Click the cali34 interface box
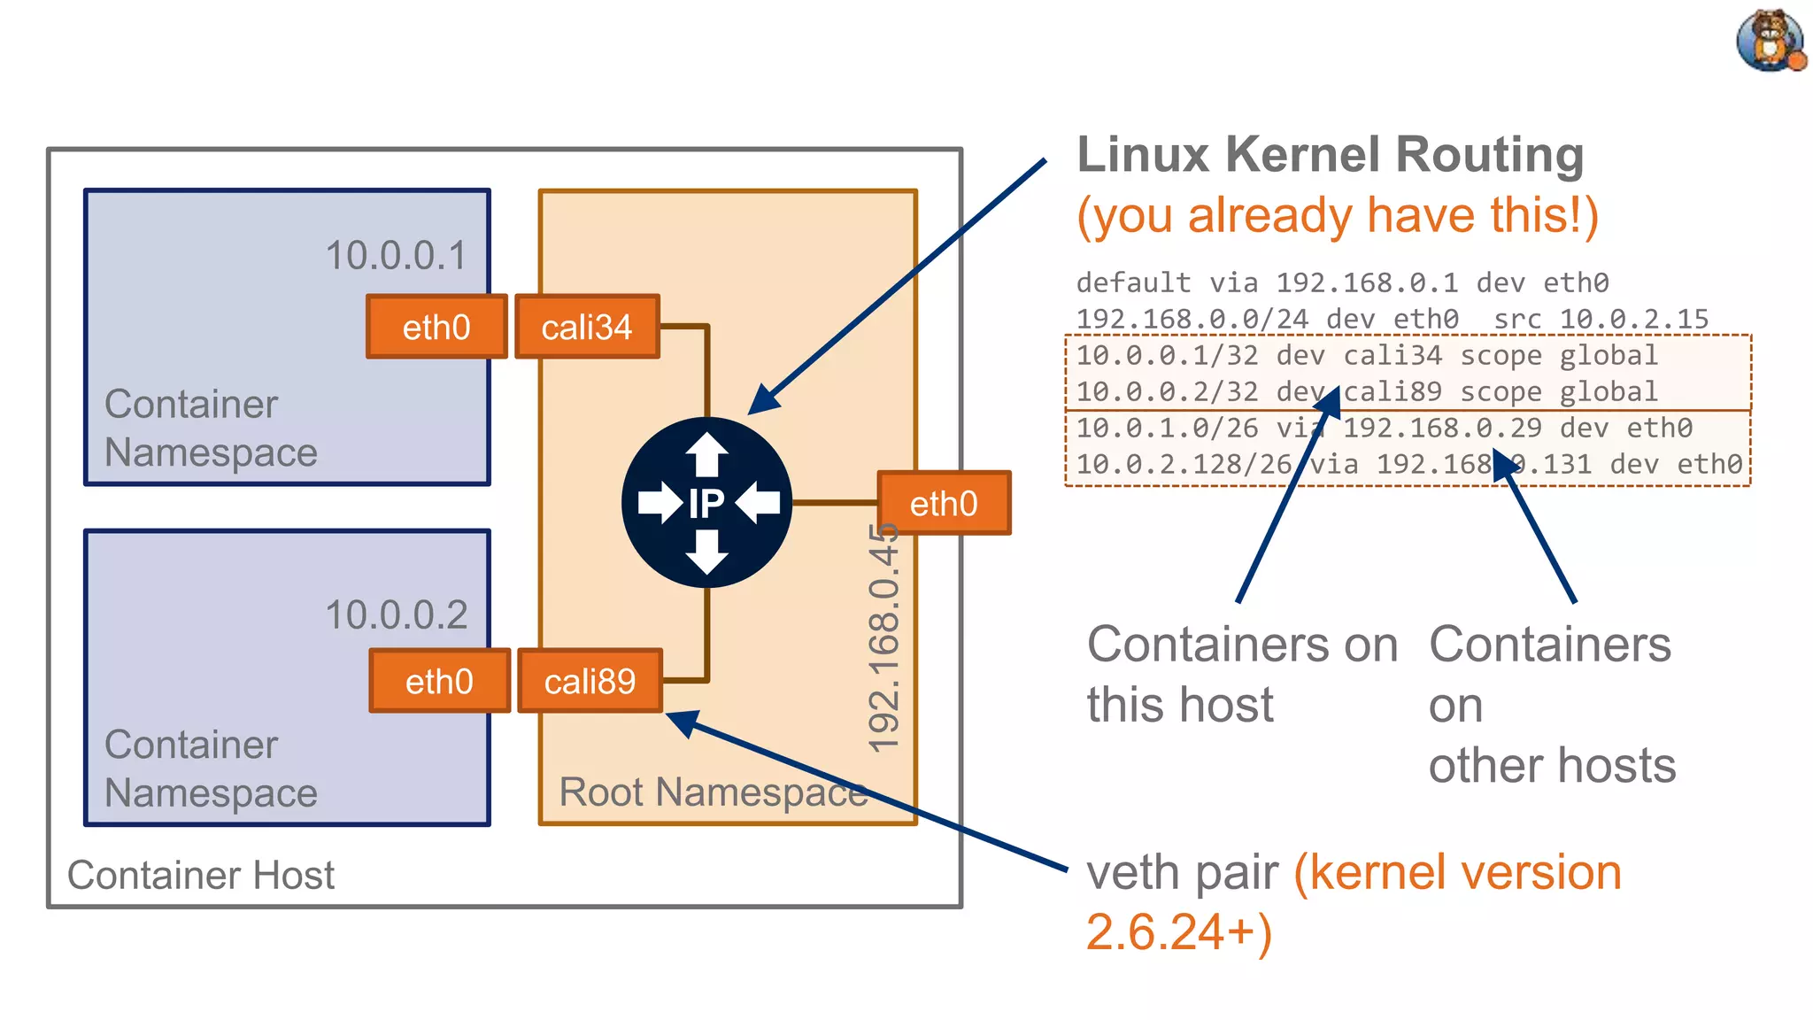pyautogui.click(x=587, y=327)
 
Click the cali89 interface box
pyautogui.click(x=590, y=681)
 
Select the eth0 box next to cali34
pyautogui.click(x=436, y=327)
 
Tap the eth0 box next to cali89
pyautogui.click(x=439, y=681)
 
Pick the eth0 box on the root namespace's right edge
pyautogui.click(x=944, y=503)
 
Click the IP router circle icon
pyautogui.click(x=706, y=502)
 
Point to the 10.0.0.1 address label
pyautogui.click(x=396, y=256)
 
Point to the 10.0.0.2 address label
pyautogui.click(x=396, y=614)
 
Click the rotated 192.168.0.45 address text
pyautogui.click(x=883, y=637)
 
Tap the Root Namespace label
pyautogui.click(x=714, y=792)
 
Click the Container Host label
pyautogui.click(x=201, y=875)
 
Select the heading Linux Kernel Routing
pyautogui.click(x=1330, y=155)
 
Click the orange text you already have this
pyautogui.click(x=1337, y=215)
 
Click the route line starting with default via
pyautogui.click(x=1341, y=283)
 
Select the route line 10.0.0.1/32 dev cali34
pyautogui.click(x=1366, y=356)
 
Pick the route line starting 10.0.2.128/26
pyautogui.click(x=1408, y=464)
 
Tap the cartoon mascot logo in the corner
pyautogui.click(x=1770, y=41)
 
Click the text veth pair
pyautogui.click(x=1182, y=872)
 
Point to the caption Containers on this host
pyautogui.click(x=1241, y=673)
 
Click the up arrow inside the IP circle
pyautogui.click(x=706, y=453)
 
